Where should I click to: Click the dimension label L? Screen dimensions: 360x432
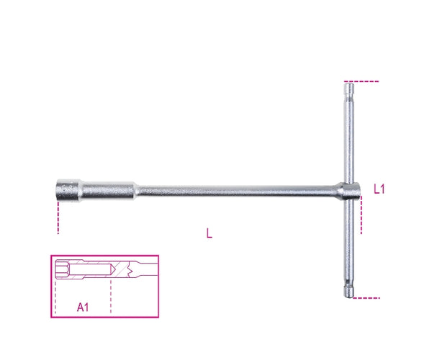[x=209, y=233]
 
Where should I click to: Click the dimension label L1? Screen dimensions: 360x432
[x=381, y=190]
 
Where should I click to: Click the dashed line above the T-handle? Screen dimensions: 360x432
[x=361, y=83]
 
